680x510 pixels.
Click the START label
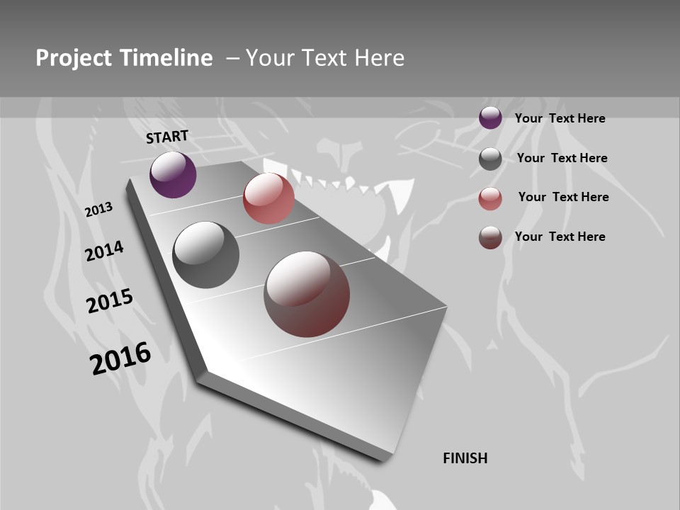167,137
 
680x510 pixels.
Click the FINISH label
465,458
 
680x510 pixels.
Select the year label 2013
98,210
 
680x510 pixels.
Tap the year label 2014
104,251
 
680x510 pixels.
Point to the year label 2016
120,358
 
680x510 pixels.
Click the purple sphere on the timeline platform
173,174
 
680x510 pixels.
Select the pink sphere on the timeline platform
268,198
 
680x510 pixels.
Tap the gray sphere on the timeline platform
206,255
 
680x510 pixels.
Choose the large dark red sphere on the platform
307,294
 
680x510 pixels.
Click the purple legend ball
490,118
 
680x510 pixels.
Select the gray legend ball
490,159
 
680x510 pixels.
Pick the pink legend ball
490,198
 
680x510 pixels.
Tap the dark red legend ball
490,237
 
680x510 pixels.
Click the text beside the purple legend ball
560,118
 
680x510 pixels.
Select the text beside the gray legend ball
562,158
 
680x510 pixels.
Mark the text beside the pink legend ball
563,197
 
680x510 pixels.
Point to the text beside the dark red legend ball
560,237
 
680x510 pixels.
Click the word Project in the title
73,58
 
